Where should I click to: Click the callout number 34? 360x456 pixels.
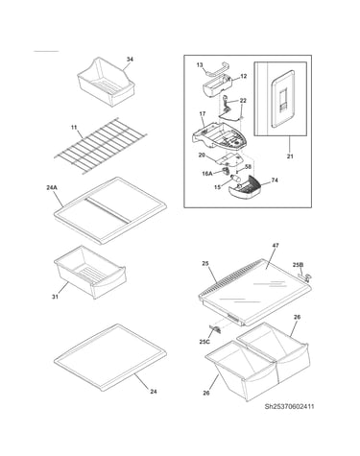pyautogui.click(x=130, y=60)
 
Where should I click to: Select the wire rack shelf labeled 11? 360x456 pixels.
pyautogui.click(x=101, y=146)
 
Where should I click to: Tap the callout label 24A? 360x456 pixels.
pyautogui.click(x=52, y=188)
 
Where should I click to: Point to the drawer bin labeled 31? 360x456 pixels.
pyautogui.click(x=90, y=272)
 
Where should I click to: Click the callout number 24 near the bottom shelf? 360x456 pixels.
pyautogui.click(x=154, y=392)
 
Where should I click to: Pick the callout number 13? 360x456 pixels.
pyautogui.click(x=200, y=65)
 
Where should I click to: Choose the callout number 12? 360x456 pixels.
pyautogui.click(x=244, y=76)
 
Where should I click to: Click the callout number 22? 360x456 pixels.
pyautogui.click(x=243, y=101)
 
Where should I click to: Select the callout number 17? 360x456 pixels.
pyautogui.click(x=203, y=113)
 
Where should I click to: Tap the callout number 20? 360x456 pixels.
pyautogui.click(x=202, y=156)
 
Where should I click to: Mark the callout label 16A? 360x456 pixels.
pyautogui.click(x=207, y=174)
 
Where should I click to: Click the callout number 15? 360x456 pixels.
pyautogui.click(x=217, y=187)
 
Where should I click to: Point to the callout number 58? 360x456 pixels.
pyautogui.click(x=248, y=167)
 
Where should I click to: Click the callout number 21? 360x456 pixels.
pyautogui.click(x=290, y=156)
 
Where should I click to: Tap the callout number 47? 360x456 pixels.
pyautogui.click(x=276, y=246)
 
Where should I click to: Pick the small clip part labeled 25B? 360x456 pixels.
pyautogui.click(x=305, y=276)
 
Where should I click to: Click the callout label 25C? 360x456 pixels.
pyautogui.click(x=204, y=342)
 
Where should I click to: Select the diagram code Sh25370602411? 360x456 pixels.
pyautogui.click(x=289, y=406)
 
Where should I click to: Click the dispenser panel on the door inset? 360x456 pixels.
pyautogui.click(x=282, y=99)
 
